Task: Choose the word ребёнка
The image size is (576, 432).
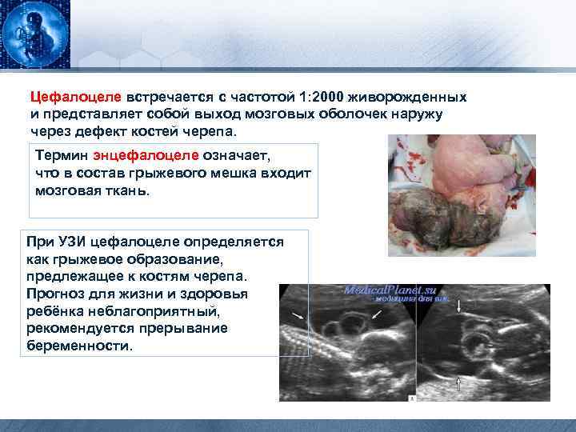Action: [x=54, y=311]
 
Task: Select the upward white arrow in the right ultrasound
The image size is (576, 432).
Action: [x=459, y=386]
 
